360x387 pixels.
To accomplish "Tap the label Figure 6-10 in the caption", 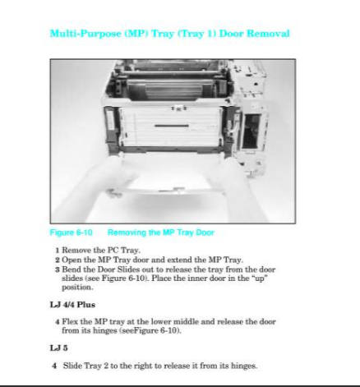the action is (x=72, y=233).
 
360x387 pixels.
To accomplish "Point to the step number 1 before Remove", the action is (x=58, y=251).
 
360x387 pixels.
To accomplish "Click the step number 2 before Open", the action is (x=58, y=260).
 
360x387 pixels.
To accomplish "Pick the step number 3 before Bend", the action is (x=58, y=270).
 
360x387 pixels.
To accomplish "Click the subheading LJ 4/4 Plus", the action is (x=72, y=305).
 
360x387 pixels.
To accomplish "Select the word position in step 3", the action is (x=77, y=288).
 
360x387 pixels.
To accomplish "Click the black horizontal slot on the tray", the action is (x=172, y=126).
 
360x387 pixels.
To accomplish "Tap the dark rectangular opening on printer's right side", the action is (x=251, y=131).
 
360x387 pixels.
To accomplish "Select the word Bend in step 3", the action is (x=72, y=270).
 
